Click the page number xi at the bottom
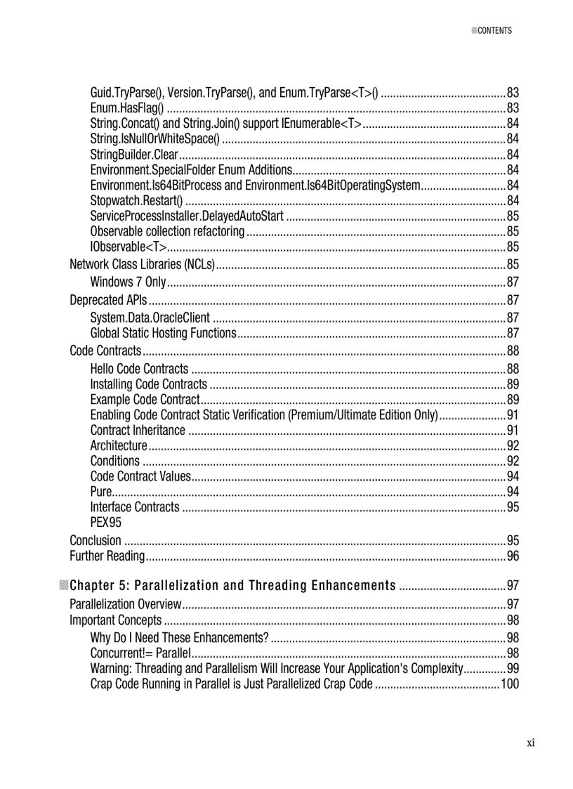point(531,743)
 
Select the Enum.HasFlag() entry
point(127,108)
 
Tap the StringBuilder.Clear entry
point(134,155)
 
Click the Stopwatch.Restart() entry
point(136,201)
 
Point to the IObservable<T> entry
point(129,247)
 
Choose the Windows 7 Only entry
point(128,282)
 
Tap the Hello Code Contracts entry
point(139,369)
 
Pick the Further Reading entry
point(107,556)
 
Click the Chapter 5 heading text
point(232,586)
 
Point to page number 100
point(509,684)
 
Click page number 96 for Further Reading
point(513,556)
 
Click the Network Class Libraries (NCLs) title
point(142,265)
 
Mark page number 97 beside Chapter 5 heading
point(513,586)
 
